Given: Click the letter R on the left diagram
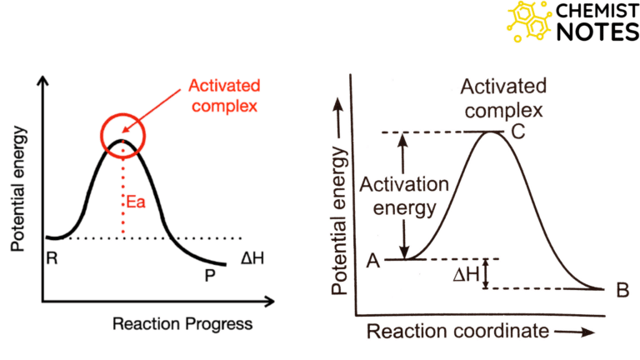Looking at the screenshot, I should (x=52, y=258).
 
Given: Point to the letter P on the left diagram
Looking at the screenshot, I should (x=210, y=275).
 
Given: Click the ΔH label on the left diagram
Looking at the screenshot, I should (x=252, y=258).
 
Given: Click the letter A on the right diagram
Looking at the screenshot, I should (x=373, y=261).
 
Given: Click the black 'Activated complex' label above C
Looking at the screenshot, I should (x=504, y=98).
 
